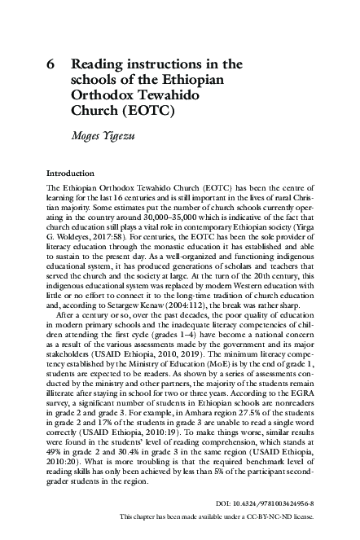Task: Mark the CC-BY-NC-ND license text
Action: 278,516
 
